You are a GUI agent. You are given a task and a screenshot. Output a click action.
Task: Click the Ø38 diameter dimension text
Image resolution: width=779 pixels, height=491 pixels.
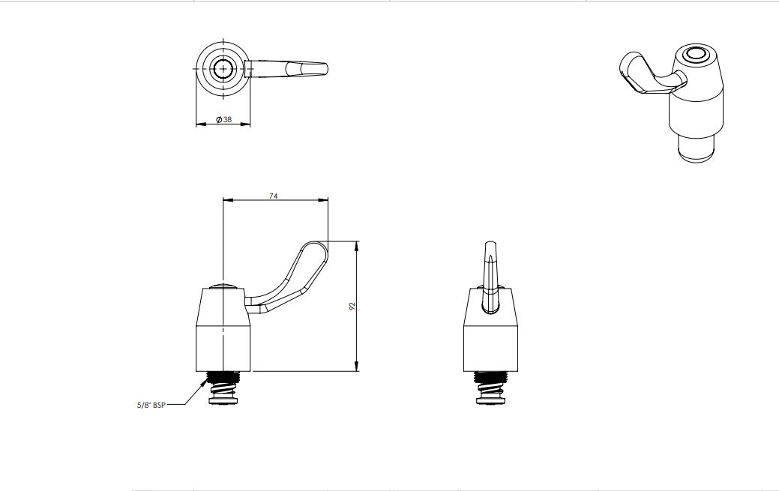[223, 120]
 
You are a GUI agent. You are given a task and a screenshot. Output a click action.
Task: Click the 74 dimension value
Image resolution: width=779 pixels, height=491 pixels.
[274, 195]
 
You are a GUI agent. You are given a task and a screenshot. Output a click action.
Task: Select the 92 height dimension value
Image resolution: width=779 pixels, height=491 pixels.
[352, 306]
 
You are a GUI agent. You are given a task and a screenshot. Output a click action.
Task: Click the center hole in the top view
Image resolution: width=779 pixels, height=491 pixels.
[223, 69]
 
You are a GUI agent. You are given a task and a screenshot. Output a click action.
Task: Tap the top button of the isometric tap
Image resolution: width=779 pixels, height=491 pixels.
[697, 55]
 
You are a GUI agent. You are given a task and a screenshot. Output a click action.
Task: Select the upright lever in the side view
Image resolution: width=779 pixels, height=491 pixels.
[490, 274]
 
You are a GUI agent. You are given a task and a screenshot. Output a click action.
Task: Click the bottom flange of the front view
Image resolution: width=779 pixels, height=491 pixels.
[224, 403]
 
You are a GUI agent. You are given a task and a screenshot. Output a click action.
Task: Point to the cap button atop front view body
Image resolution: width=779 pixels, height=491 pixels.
[223, 286]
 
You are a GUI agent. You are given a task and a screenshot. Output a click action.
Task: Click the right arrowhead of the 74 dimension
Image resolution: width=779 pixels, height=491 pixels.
[325, 200]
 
